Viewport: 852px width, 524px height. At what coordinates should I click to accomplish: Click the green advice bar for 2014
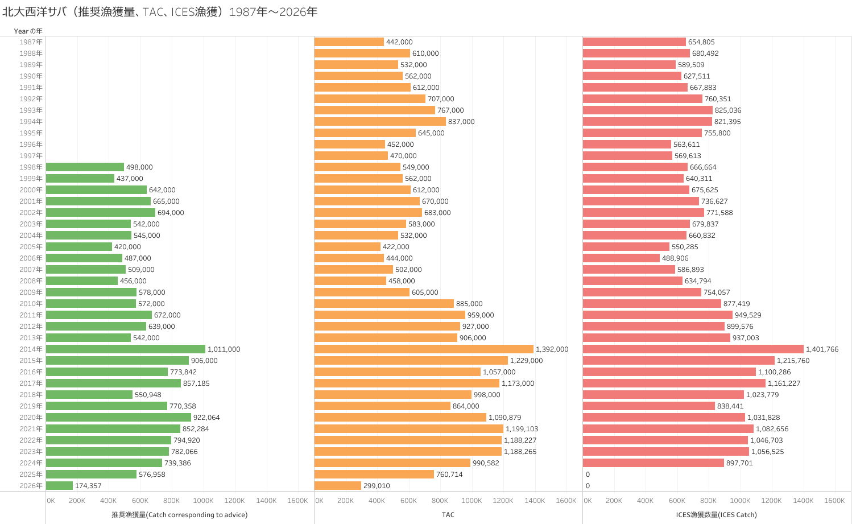125,349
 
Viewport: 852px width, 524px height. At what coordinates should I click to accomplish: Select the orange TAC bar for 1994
380,122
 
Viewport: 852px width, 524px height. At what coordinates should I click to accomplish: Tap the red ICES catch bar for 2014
693,349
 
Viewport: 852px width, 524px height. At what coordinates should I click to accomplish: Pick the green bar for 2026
59,486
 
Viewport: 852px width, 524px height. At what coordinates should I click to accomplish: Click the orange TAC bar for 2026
337,486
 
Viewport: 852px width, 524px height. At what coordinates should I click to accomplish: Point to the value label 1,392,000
552,349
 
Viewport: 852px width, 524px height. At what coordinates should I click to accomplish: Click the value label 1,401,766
822,349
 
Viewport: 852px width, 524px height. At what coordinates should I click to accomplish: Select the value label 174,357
88,486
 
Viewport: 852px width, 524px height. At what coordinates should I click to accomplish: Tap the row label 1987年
31,42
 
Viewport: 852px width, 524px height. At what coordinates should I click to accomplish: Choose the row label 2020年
31,418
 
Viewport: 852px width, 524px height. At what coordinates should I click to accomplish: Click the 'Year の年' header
28,31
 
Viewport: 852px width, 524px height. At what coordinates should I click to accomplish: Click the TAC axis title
448,515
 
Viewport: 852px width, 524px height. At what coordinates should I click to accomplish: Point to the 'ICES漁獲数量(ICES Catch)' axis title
716,515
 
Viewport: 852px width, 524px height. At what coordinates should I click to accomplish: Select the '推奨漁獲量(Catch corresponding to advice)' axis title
179,515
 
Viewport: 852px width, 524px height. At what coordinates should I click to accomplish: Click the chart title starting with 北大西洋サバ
160,12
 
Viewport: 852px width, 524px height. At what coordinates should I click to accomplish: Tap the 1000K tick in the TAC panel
472,501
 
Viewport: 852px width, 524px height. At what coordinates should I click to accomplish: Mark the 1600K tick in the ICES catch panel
834,501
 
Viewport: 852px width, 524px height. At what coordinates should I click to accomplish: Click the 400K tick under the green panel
108,501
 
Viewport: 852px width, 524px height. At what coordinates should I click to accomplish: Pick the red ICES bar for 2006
621,258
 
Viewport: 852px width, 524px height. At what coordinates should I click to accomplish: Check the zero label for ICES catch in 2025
588,475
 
